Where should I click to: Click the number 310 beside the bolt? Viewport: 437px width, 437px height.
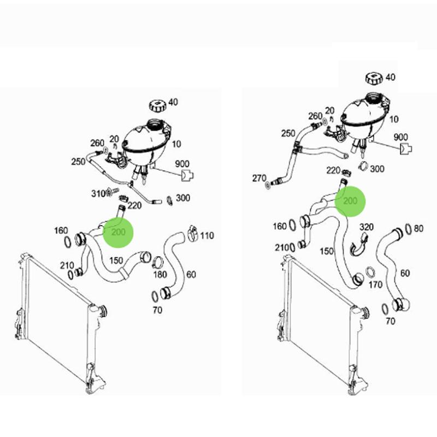pyautogui.click(x=98, y=193)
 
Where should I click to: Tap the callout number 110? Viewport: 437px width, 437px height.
pyautogui.click(x=207, y=236)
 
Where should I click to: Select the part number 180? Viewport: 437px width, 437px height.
pyautogui.click(x=160, y=275)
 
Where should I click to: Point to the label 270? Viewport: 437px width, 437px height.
pyautogui.click(x=259, y=178)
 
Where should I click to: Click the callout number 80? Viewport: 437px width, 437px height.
pyautogui.click(x=418, y=228)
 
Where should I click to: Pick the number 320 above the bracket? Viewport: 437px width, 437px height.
pyautogui.click(x=367, y=227)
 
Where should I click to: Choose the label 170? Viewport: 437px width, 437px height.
pyautogui.click(x=375, y=285)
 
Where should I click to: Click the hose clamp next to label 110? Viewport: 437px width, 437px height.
pyautogui.click(x=193, y=234)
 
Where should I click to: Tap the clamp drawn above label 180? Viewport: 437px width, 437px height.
pyautogui.click(x=157, y=261)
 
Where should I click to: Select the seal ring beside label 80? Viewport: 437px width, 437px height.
pyautogui.click(x=408, y=229)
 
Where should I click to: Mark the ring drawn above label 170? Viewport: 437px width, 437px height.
pyautogui.click(x=370, y=272)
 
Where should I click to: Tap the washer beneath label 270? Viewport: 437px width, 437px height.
pyautogui.click(x=268, y=185)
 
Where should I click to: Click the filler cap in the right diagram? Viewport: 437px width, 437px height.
pyautogui.click(x=374, y=78)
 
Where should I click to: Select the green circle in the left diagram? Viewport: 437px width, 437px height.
pyautogui.click(x=119, y=233)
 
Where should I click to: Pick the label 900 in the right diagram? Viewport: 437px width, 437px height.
pyautogui.click(x=401, y=137)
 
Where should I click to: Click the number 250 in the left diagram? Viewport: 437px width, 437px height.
pyautogui.click(x=78, y=162)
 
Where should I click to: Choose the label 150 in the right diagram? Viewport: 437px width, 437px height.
pyautogui.click(x=327, y=251)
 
